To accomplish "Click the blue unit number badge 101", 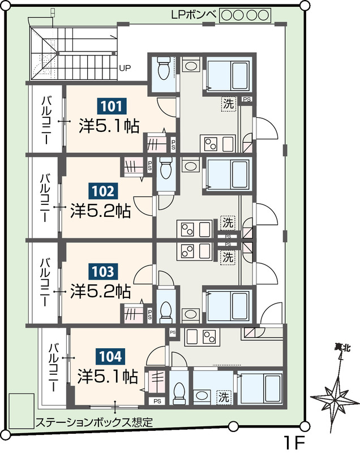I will click(x=111, y=106).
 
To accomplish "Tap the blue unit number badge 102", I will click(x=102, y=191).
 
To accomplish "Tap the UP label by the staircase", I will click(x=125, y=69).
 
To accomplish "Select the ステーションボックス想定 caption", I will click(x=94, y=422).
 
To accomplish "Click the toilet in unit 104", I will click(x=179, y=392).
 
